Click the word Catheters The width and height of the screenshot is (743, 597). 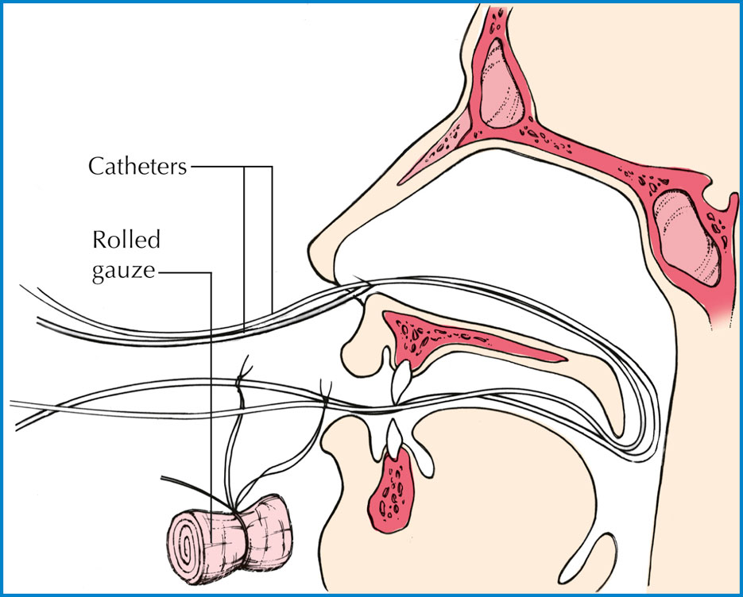coord(137,166)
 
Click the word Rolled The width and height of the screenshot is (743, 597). coord(126,239)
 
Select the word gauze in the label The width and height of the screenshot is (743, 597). coord(123,272)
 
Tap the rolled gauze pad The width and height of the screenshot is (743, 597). coord(230,538)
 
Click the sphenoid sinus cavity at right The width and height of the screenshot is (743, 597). coord(687,237)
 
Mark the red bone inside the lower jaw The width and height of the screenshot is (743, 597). coord(392,490)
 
